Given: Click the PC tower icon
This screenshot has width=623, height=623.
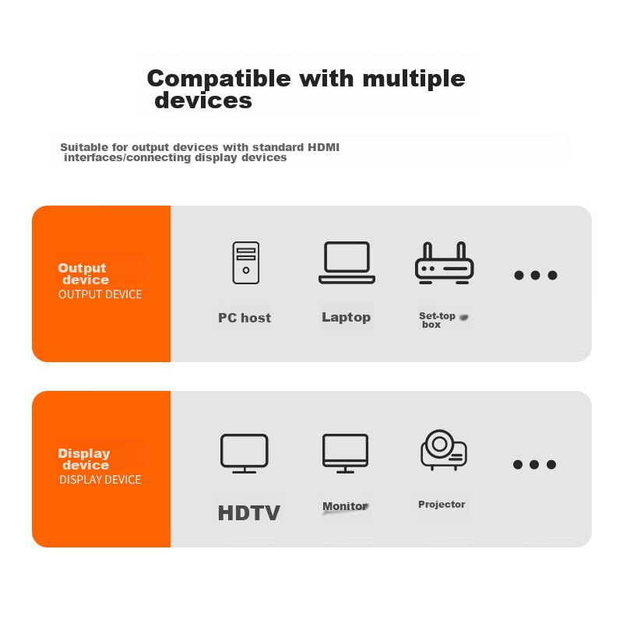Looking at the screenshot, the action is point(246,262).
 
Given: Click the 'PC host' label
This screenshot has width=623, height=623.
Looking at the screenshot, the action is point(245,318).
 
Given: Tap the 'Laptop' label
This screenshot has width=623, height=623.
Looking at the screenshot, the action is point(346,318).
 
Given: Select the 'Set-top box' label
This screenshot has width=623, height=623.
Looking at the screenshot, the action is point(437,320).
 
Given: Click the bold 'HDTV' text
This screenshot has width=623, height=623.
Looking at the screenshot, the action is point(249,512).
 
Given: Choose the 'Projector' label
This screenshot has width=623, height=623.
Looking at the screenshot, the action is point(442,505).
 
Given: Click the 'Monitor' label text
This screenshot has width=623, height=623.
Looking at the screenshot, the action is point(345,506).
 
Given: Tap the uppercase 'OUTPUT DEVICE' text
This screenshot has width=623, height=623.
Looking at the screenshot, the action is point(100,294).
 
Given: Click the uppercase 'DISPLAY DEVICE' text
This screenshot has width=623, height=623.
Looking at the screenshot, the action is point(100,480).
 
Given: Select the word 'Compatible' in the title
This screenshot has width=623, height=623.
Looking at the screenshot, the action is point(219,79).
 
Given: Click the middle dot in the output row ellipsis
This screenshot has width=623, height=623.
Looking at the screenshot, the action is point(535,275).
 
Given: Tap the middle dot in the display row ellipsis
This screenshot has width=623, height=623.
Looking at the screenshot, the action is point(534,464).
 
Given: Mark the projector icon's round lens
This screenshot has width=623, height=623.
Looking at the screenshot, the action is point(439,444).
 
